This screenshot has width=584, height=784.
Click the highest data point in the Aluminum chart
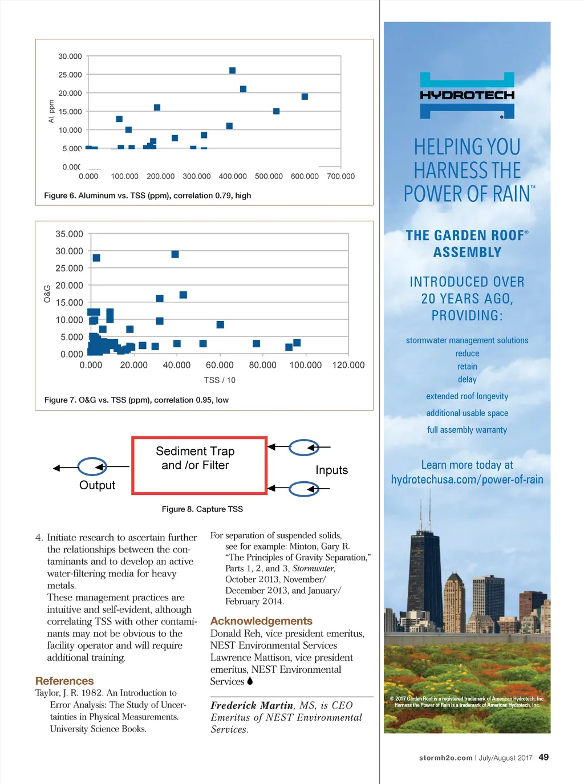click(232, 71)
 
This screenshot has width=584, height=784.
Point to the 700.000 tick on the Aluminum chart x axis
click(340, 177)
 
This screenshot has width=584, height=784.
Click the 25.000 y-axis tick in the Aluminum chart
click(70, 75)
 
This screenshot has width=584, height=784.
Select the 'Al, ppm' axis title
click(51, 111)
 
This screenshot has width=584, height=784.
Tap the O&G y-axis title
click(47, 294)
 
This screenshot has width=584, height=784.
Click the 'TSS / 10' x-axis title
click(220, 380)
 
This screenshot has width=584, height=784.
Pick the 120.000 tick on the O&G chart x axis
click(348, 365)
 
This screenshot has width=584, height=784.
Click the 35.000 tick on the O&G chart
click(69, 234)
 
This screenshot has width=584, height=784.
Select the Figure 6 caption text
click(147, 196)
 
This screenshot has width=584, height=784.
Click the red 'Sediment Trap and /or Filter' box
click(199, 465)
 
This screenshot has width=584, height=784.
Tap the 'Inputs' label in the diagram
click(331, 470)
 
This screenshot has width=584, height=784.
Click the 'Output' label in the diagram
click(97, 485)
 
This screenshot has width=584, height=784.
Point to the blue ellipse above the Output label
click(92, 467)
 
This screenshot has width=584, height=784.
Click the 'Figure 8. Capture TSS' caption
click(202, 509)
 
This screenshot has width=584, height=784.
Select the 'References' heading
click(64, 681)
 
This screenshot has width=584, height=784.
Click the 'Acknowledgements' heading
click(261, 621)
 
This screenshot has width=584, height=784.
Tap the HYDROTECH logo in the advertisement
click(467, 95)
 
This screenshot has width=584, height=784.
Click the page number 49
click(544, 757)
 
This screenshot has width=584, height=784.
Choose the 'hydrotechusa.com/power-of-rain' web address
click(467, 480)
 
